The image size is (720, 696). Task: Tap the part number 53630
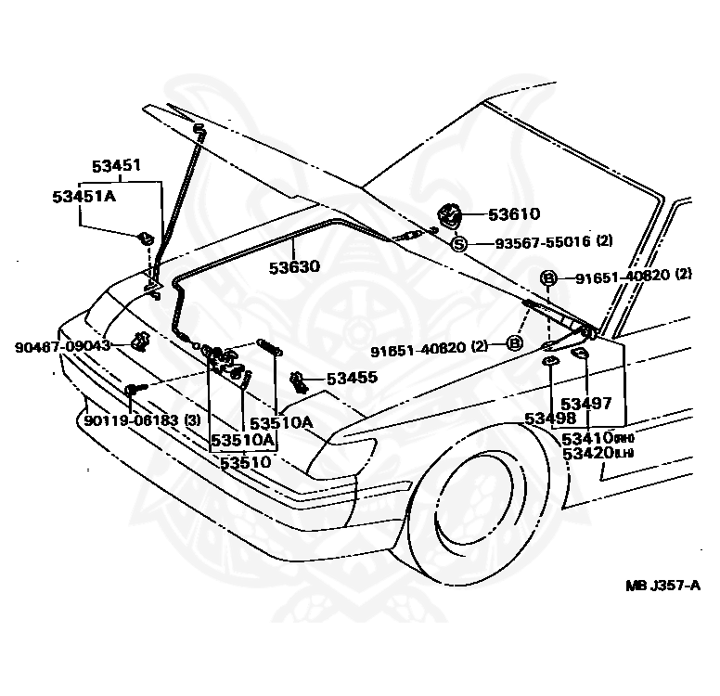click(x=294, y=267)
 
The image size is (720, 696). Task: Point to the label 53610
click(x=514, y=215)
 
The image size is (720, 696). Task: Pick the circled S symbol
click(x=459, y=244)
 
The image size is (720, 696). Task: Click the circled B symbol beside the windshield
click(x=548, y=277)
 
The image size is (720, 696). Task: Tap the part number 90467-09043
click(x=62, y=345)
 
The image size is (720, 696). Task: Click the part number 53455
click(x=352, y=379)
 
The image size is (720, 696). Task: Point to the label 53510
click(x=245, y=460)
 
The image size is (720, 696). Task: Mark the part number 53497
click(x=585, y=403)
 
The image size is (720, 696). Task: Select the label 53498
click(x=550, y=419)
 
